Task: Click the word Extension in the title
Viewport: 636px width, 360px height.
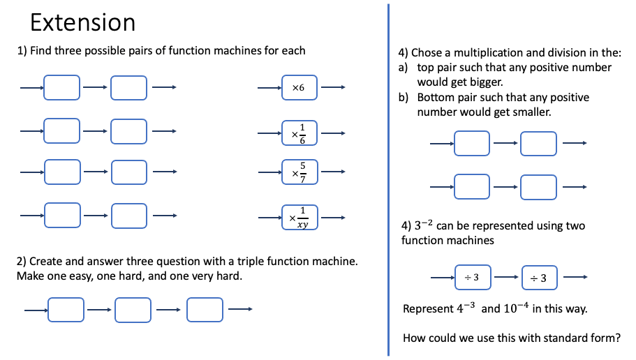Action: [82, 23]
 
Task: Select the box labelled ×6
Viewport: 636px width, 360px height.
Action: [299, 88]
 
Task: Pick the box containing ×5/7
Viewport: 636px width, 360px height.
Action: [299, 172]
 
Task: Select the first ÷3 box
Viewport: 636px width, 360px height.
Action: [472, 278]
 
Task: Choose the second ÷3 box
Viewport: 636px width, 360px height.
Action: [539, 278]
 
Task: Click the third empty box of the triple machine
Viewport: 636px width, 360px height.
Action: [205, 310]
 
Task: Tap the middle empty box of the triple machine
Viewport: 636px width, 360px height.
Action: [133, 310]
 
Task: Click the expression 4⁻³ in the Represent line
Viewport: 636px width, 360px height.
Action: [466, 308]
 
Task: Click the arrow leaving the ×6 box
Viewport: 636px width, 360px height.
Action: [333, 88]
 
